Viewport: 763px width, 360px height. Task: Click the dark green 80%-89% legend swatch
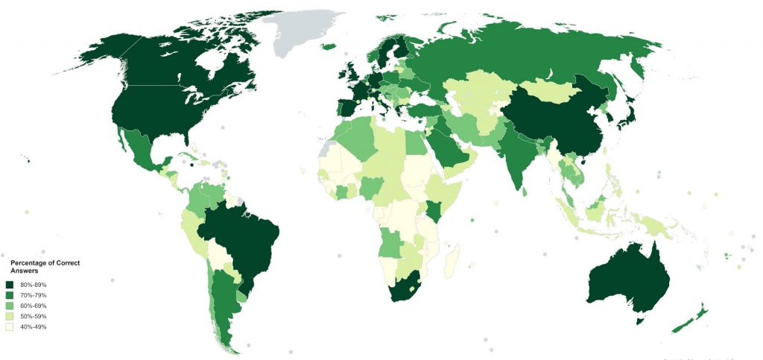click(x=10, y=285)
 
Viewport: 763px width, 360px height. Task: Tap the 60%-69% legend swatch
click(x=10, y=306)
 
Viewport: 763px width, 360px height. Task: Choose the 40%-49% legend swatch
click(x=10, y=327)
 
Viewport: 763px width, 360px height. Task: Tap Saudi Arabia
click(x=447, y=145)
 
